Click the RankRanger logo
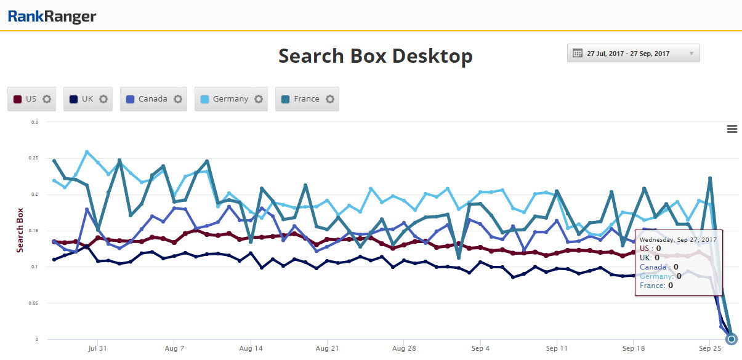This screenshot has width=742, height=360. click(52, 17)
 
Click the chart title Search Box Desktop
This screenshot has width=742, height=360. click(375, 56)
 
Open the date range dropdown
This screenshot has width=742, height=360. click(633, 54)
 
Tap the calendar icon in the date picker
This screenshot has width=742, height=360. click(578, 54)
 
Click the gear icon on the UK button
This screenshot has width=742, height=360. click(103, 99)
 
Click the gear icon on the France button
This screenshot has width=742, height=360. click(330, 99)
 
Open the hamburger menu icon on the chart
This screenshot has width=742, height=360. click(732, 129)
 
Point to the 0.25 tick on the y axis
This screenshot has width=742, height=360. click(34, 158)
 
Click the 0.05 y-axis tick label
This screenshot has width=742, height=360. click(34, 303)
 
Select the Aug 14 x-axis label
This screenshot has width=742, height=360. click(251, 348)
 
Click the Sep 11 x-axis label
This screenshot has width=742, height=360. click(557, 348)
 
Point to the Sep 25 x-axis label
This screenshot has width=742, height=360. click(709, 348)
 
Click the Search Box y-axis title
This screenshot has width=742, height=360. click(20, 229)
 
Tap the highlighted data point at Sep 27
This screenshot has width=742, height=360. click(731, 338)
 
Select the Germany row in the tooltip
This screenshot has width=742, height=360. click(661, 276)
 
